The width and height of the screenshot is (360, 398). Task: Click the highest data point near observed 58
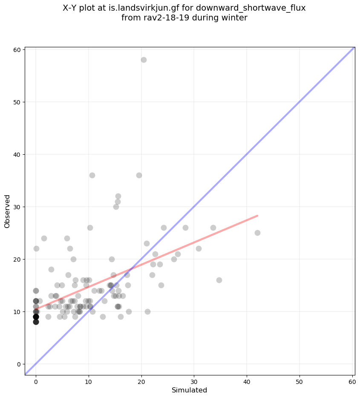click(144, 60)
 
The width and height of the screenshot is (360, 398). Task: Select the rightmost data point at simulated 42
click(257, 233)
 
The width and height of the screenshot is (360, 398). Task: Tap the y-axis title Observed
click(7, 211)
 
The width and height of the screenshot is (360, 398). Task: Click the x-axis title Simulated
click(189, 390)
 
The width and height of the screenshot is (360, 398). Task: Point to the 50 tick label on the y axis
click(17, 102)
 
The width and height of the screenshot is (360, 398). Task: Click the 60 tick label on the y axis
click(17, 49)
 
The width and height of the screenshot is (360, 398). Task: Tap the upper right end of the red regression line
click(257, 216)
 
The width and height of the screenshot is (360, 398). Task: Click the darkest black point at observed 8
click(36, 322)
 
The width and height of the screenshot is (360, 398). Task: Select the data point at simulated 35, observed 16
click(219, 280)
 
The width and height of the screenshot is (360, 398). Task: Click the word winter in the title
click(233, 18)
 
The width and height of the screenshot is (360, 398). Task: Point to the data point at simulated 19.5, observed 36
click(139, 175)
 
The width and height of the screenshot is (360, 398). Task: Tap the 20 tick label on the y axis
click(17, 259)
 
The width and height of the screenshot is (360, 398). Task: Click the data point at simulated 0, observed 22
click(36, 248)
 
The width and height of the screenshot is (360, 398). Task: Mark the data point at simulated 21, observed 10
click(147, 311)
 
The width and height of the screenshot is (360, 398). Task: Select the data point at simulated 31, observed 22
click(199, 248)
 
